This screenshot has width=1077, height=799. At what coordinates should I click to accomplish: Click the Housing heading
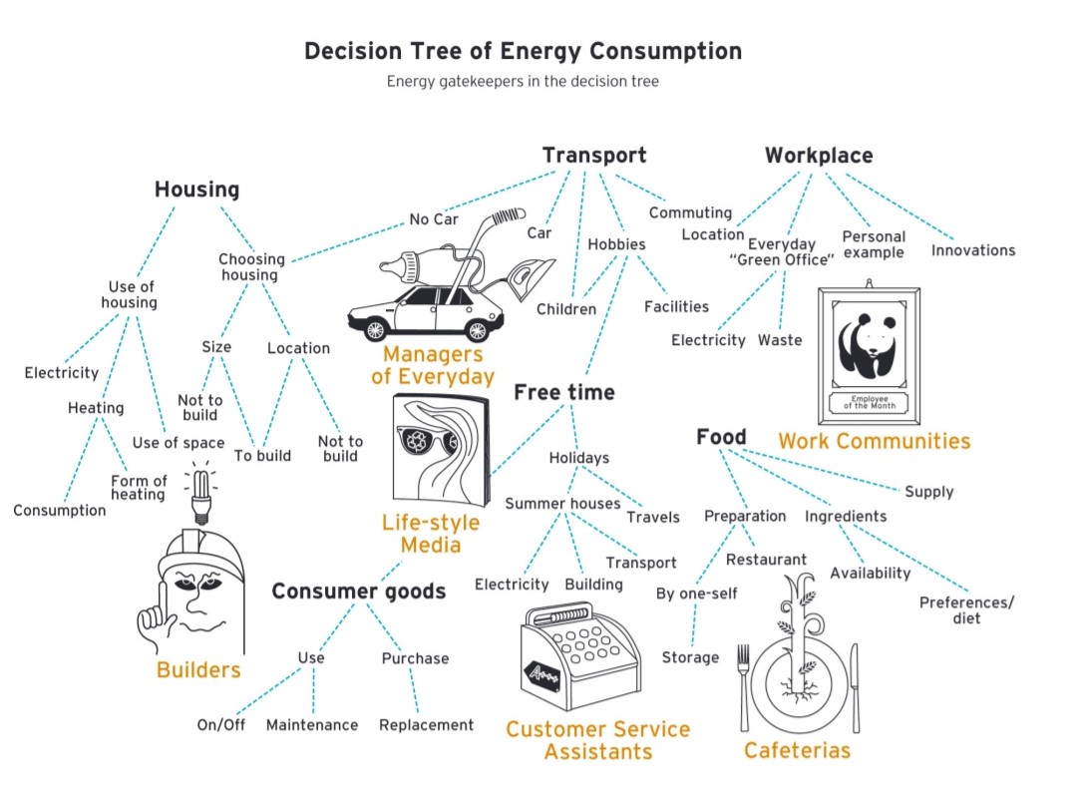(x=196, y=190)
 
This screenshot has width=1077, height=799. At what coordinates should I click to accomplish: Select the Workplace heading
(x=818, y=156)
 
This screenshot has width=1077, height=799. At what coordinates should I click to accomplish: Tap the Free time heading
(x=563, y=393)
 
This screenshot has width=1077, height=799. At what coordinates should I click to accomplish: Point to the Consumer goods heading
(x=358, y=592)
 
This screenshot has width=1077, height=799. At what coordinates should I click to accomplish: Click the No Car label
(x=433, y=219)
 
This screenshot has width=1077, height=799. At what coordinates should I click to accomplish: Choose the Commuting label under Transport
(x=690, y=212)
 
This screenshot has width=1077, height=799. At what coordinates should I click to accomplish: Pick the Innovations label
(x=972, y=250)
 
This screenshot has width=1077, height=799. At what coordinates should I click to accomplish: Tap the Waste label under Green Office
(x=779, y=340)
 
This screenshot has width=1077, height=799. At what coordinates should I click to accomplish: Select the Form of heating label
(x=139, y=488)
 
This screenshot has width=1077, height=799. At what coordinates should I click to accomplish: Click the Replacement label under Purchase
(x=426, y=725)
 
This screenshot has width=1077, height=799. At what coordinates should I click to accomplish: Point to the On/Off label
(x=220, y=725)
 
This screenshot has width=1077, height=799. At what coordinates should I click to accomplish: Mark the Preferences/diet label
(x=966, y=609)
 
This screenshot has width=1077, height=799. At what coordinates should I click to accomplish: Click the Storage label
(x=690, y=657)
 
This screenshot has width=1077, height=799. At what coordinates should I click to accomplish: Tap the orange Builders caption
(x=198, y=669)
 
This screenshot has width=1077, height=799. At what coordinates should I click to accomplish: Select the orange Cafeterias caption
(x=797, y=750)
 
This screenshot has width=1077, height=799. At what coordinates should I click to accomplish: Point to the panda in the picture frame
(x=867, y=344)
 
